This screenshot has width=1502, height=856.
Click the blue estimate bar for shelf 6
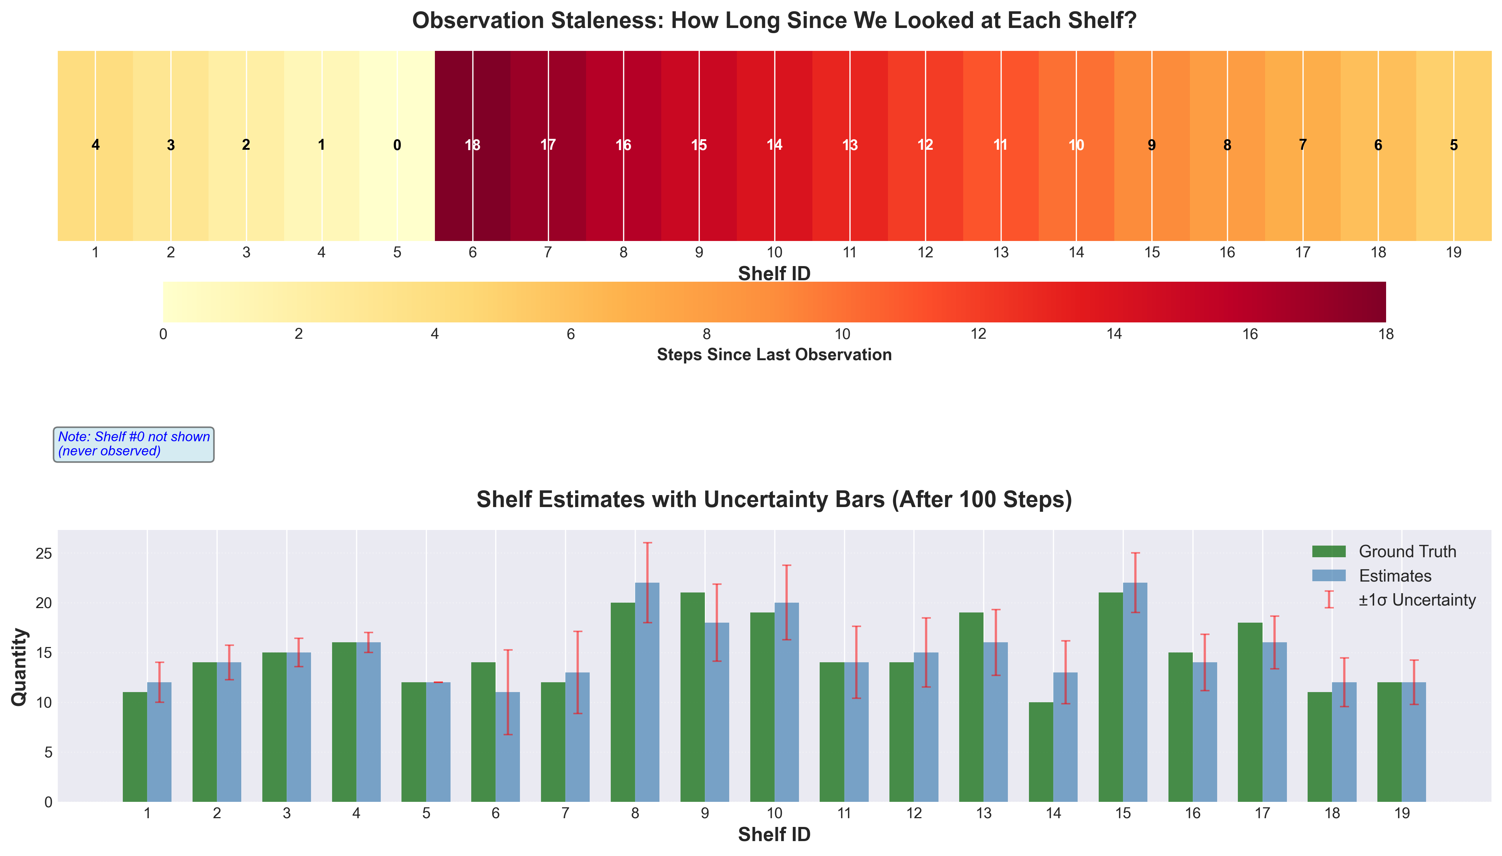tap(508, 747)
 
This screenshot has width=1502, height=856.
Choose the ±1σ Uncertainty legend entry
tap(1416, 600)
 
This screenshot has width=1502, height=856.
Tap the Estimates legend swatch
tap(1329, 575)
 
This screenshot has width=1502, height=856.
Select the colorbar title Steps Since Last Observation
tap(774, 354)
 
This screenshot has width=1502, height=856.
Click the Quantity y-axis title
tap(19, 666)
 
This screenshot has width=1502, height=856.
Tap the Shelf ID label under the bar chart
tap(774, 834)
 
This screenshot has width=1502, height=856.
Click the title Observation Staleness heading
tap(774, 21)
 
